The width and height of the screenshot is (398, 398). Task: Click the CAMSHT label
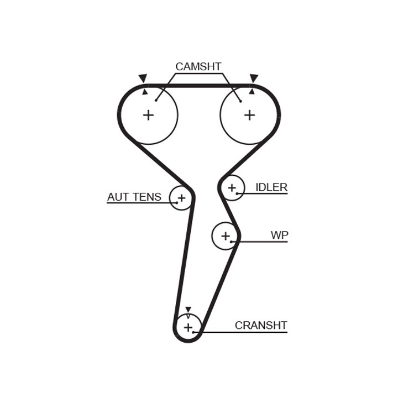pyautogui.click(x=198, y=66)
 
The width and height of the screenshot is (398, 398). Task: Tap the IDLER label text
pyautogui.click(x=271, y=187)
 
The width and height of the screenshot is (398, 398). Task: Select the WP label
pyautogui.click(x=280, y=235)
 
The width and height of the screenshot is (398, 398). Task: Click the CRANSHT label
pyautogui.click(x=261, y=325)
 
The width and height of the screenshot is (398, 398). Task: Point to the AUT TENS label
pyautogui.click(x=134, y=197)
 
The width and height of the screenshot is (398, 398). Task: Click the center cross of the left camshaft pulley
pyautogui.click(x=149, y=115)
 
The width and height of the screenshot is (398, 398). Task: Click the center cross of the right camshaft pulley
pyautogui.click(x=249, y=115)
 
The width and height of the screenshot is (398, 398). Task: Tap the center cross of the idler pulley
pyautogui.click(x=232, y=188)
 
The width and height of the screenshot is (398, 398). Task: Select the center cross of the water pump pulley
pyautogui.click(x=226, y=236)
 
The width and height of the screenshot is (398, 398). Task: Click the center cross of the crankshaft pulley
pyautogui.click(x=188, y=327)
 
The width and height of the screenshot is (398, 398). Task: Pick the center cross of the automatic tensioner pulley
pyautogui.click(x=181, y=198)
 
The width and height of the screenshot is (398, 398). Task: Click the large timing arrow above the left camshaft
pyautogui.click(x=143, y=78)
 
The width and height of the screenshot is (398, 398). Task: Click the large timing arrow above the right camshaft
pyautogui.click(x=254, y=78)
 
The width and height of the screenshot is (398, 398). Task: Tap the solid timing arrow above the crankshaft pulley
pyautogui.click(x=188, y=310)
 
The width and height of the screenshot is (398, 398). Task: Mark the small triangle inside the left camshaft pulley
pyautogui.click(x=145, y=92)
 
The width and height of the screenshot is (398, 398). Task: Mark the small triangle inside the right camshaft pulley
pyautogui.click(x=252, y=91)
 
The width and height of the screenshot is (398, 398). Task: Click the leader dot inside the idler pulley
pyautogui.click(x=237, y=193)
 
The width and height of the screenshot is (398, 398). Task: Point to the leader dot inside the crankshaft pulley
pyautogui.click(x=193, y=332)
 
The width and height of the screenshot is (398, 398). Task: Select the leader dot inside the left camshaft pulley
pyautogui.click(x=156, y=101)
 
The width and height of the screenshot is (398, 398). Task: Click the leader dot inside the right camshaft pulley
pyautogui.click(x=240, y=101)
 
